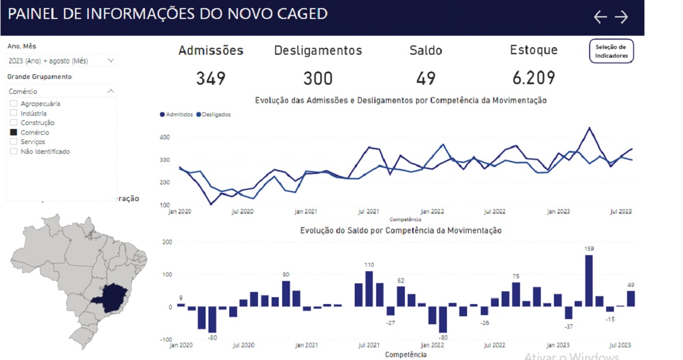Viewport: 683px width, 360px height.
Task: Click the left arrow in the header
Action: coord(600,17)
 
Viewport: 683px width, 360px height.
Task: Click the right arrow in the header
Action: coord(621,17)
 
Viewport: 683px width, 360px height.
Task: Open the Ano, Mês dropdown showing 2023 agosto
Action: coord(61,60)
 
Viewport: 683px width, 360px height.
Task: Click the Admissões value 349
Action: coord(210,78)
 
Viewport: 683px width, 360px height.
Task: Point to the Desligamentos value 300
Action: coord(318,78)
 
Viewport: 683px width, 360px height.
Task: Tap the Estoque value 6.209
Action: coord(533,78)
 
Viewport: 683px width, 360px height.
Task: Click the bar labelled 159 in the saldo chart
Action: coord(589,281)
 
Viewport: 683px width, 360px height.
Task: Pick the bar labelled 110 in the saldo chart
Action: coord(369,289)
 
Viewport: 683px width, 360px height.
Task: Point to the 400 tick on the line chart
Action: coord(165,137)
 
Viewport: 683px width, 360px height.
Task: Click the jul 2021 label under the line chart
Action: coord(369,211)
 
